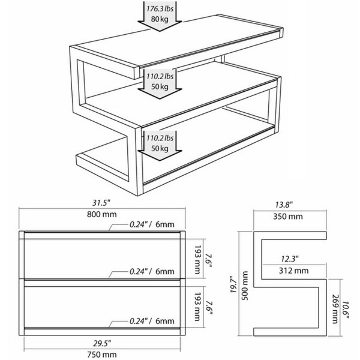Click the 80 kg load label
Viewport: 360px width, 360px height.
(x=160, y=19)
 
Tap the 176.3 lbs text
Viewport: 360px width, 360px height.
(x=160, y=9)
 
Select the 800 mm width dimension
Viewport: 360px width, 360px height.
(x=102, y=214)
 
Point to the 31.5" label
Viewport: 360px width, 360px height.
(x=101, y=203)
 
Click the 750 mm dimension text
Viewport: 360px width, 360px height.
(x=102, y=354)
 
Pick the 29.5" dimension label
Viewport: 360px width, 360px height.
(x=102, y=343)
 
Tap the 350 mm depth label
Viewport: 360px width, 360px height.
(x=288, y=216)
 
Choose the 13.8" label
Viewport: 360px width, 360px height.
(x=284, y=205)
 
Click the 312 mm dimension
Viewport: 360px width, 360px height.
(x=293, y=271)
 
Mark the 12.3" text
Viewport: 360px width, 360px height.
(x=290, y=259)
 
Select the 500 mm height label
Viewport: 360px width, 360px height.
(x=245, y=286)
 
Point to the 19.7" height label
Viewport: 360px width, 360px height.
(x=233, y=284)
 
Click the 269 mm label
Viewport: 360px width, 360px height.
(x=335, y=309)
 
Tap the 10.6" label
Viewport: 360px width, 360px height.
(x=346, y=310)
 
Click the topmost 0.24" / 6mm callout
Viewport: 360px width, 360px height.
(x=152, y=224)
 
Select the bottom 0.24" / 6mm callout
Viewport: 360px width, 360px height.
(x=152, y=321)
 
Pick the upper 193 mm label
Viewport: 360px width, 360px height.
(x=197, y=260)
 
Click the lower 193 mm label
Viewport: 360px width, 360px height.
(x=197, y=307)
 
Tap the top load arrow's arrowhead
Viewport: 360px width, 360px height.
(x=160, y=26)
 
